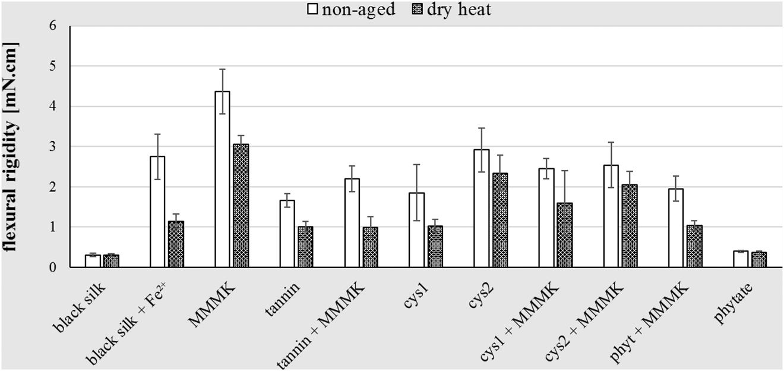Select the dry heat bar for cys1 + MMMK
pyautogui.click(x=564, y=235)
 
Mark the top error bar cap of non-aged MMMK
pyautogui.click(x=222, y=69)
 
